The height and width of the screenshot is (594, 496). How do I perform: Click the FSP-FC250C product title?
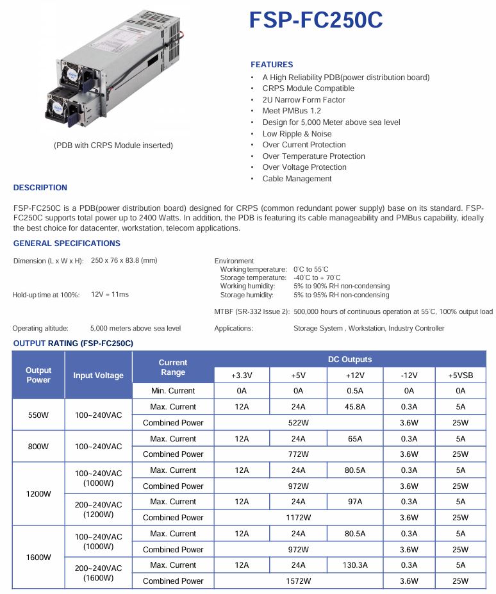[x=316, y=21]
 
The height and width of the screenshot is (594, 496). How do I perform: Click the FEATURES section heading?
[x=272, y=65]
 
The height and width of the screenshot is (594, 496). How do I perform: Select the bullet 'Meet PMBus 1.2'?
[x=292, y=111]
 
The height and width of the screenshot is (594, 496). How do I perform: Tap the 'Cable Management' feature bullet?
[x=297, y=179]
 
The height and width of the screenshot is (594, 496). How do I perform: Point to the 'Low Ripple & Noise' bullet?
[x=297, y=133]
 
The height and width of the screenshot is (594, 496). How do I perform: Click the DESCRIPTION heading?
[x=40, y=188]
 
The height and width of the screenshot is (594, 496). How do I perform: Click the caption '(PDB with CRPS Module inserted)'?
[x=113, y=145]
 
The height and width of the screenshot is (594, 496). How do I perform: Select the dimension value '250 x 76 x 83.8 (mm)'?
[x=124, y=260]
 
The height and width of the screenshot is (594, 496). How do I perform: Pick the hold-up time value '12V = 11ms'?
[x=110, y=294]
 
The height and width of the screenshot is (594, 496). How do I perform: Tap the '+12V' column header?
[x=355, y=375]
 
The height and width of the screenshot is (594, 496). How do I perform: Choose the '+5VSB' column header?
[x=460, y=375]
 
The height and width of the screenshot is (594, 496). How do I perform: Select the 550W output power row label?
[x=38, y=415]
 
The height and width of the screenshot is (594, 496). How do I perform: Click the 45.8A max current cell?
[x=355, y=407]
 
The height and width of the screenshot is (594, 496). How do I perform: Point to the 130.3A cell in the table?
[x=355, y=565]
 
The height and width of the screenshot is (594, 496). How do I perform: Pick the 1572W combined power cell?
[x=299, y=581]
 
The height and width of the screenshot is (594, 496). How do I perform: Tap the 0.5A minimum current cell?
[x=355, y=391]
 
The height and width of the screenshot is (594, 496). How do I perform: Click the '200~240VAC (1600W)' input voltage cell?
[x=99, y=573]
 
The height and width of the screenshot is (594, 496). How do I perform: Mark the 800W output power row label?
[x=38, y=446]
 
